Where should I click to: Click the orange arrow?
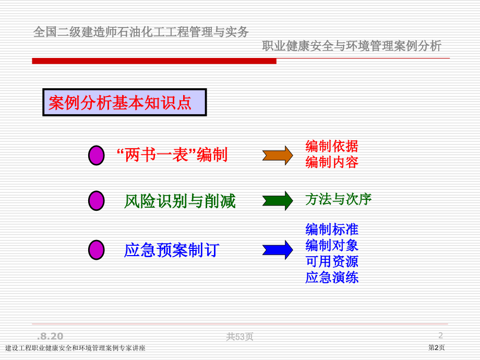point(278,155)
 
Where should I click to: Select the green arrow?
point(278,201)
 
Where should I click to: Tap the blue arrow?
point(278,250)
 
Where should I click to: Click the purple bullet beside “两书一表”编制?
point(97,155)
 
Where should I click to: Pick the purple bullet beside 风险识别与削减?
point(97,201)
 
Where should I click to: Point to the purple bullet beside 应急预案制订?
point(97,250)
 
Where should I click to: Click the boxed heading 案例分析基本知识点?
point(125,102)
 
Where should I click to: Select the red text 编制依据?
point(332,146)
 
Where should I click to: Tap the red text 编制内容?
point(332,162)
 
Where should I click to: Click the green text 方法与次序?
point(338,199)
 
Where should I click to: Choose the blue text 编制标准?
point(332,229)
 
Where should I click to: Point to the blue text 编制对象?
point(332,245)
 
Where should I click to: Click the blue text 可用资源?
point(332,261)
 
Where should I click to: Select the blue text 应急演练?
point(332,278)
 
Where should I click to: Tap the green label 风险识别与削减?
point(179,201)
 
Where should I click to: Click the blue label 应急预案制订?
point(172,250)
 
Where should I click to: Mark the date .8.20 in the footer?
point(50,337)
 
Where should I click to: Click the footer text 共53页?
point(239,337)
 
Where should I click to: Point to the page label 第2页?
point(436,347)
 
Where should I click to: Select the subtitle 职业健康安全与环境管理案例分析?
point(352,46)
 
